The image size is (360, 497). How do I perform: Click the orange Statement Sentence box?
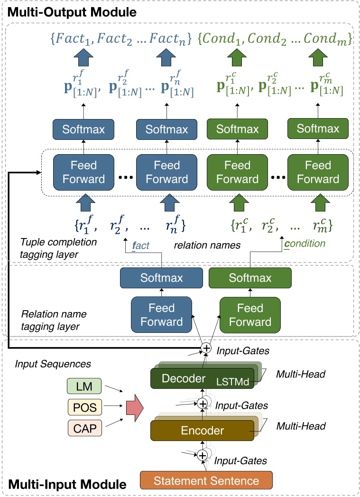click(x=206, y=480)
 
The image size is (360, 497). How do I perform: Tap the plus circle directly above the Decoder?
click(x=206, y=348)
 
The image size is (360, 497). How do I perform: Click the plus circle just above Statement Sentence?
click(x=203, y=455)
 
